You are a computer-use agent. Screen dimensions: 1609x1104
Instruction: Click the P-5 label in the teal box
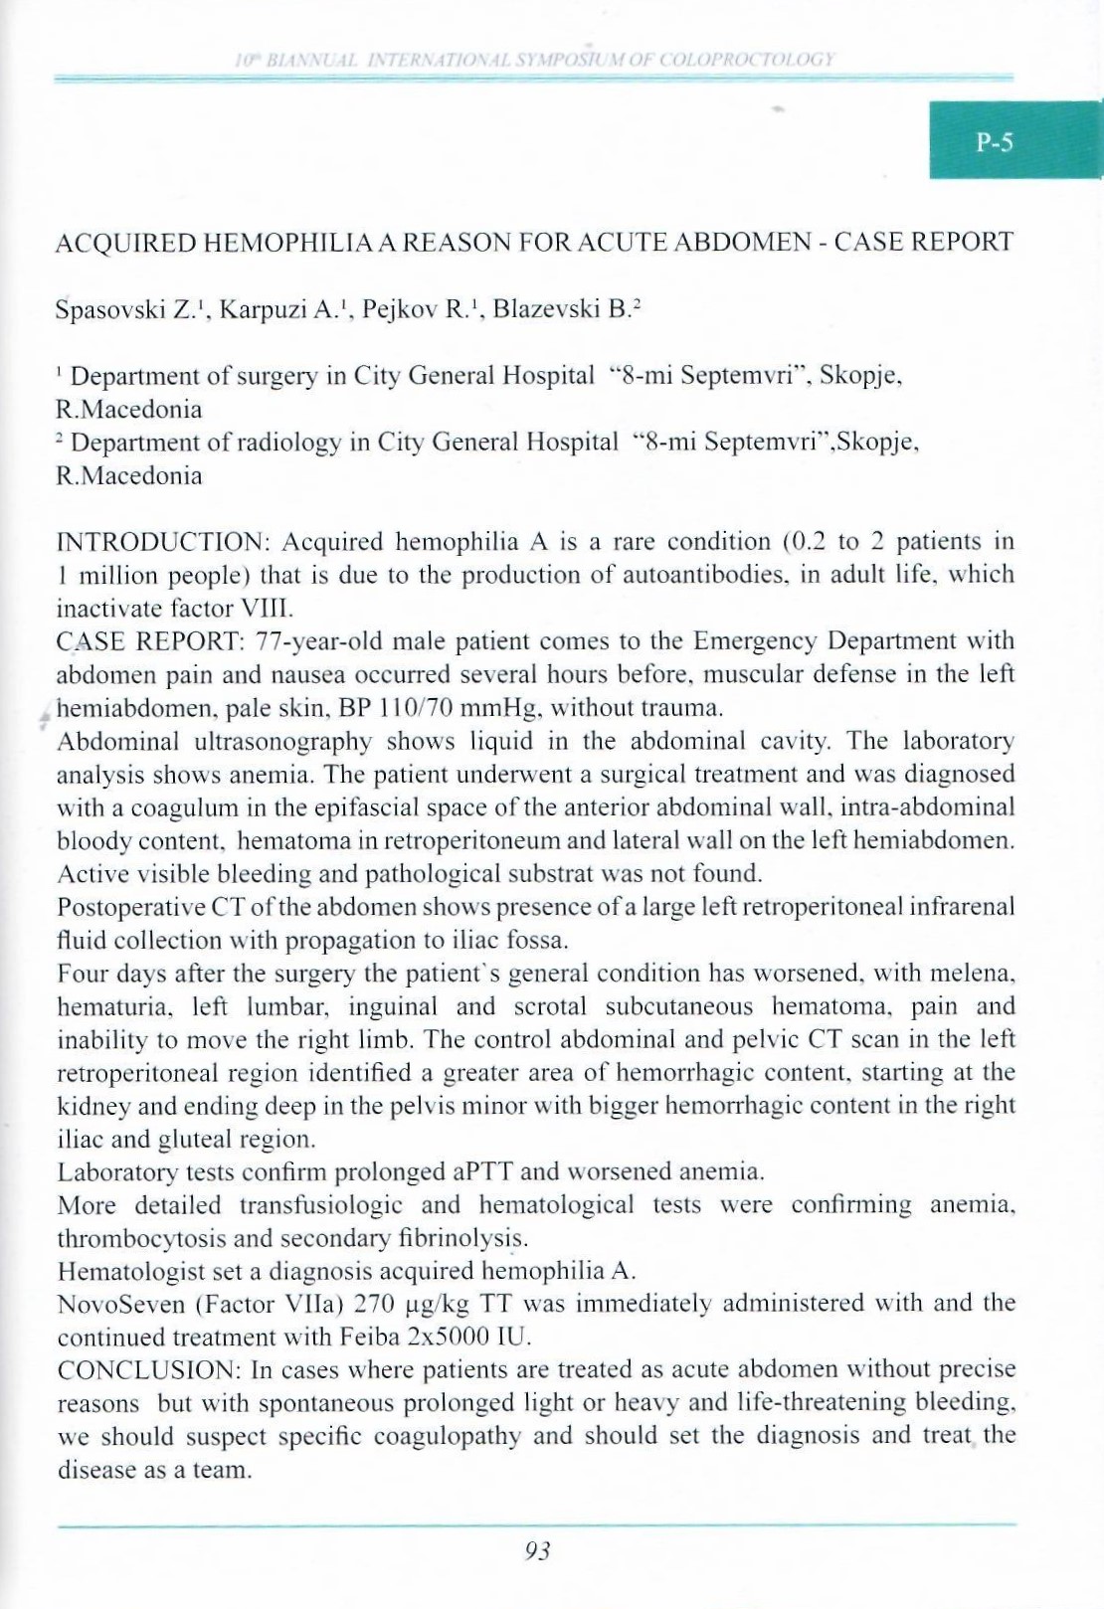(x=994, y=142)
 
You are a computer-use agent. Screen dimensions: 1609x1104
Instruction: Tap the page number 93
(x=537, y=1550)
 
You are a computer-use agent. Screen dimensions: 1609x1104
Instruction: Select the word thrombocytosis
(x=134, y=1238)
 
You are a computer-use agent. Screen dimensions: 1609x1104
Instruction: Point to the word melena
(x=976, y=973)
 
